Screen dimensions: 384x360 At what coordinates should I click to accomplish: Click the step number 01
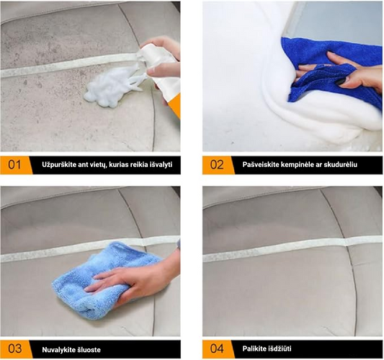point(14,165)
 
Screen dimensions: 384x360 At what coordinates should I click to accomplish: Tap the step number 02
point(217,165)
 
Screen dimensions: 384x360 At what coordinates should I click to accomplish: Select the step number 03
point(14,349)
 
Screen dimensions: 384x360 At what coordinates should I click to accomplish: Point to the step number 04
point(217,348)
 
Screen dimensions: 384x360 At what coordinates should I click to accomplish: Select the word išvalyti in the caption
point(161,164)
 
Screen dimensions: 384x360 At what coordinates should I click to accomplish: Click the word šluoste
point(89,349)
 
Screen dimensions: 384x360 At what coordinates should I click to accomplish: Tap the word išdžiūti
point(279,348)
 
